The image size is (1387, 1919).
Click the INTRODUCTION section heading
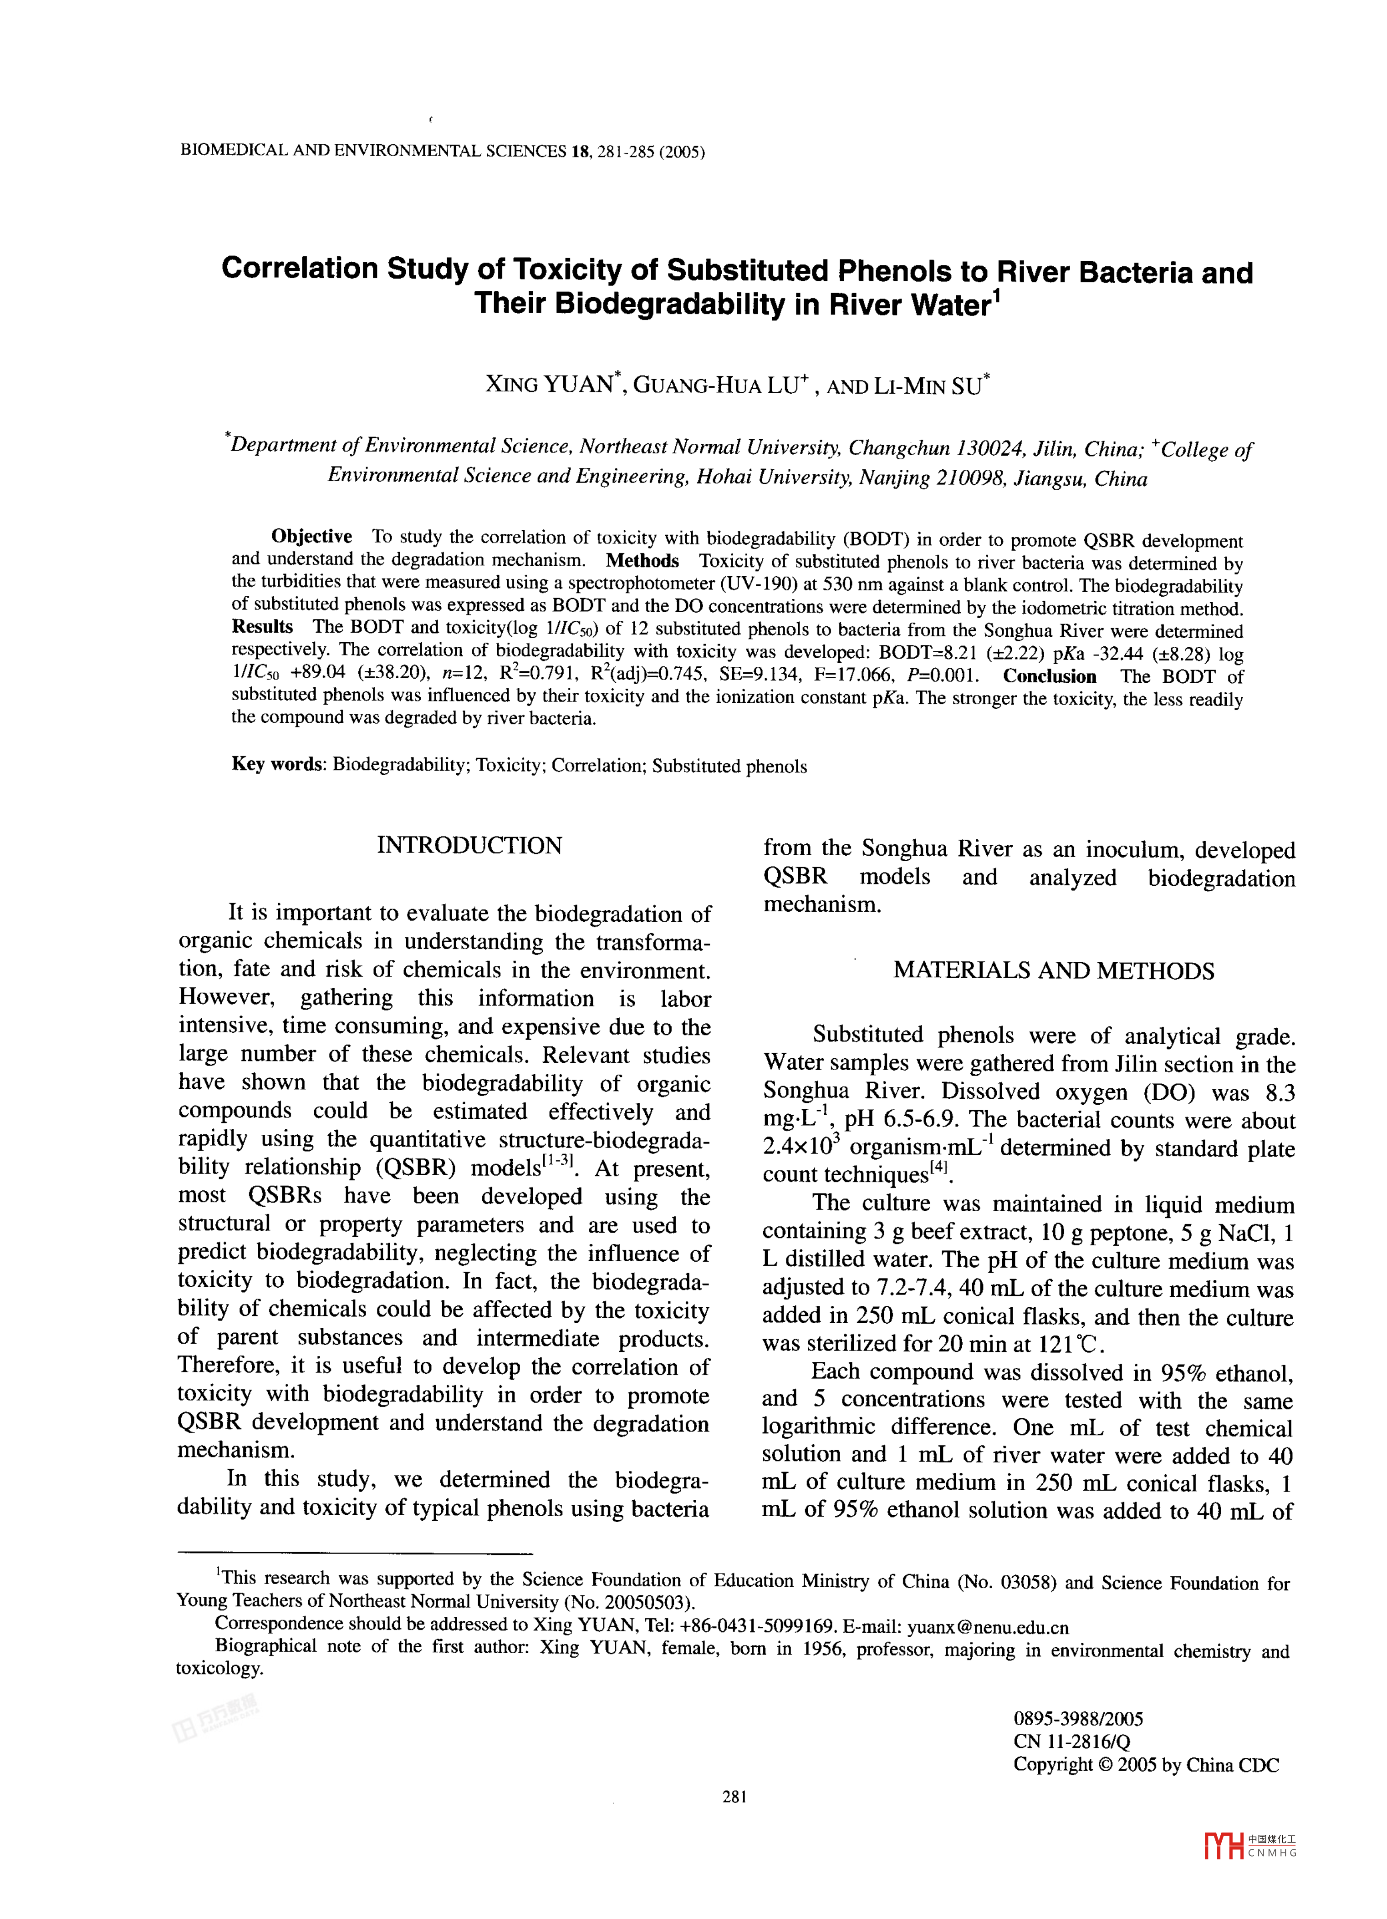pos(469,845)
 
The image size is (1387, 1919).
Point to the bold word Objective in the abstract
pos(311,537)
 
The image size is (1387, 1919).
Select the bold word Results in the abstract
pos(262,627)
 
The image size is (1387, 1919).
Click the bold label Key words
pos(278,764)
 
